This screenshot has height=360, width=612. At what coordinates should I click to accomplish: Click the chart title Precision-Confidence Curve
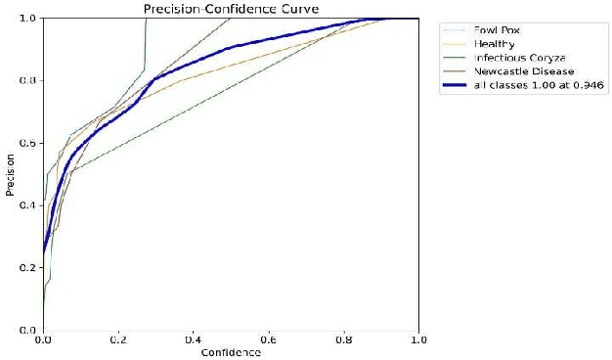click(232, 9)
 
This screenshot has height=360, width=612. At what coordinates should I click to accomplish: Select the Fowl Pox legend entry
click(497, 29)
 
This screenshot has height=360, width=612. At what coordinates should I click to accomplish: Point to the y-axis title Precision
click(10, 173)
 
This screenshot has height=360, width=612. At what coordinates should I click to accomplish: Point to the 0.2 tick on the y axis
click(30, 268)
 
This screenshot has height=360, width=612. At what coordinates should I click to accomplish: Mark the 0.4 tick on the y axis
click(30, 205)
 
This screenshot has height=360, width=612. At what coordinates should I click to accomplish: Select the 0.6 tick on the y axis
click(30, 143)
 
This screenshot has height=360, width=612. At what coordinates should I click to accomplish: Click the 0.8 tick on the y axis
click(30, 80)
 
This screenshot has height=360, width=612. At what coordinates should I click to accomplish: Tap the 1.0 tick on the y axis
click(30, 19)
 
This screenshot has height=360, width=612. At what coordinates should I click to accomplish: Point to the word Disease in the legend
click(551, 71)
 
